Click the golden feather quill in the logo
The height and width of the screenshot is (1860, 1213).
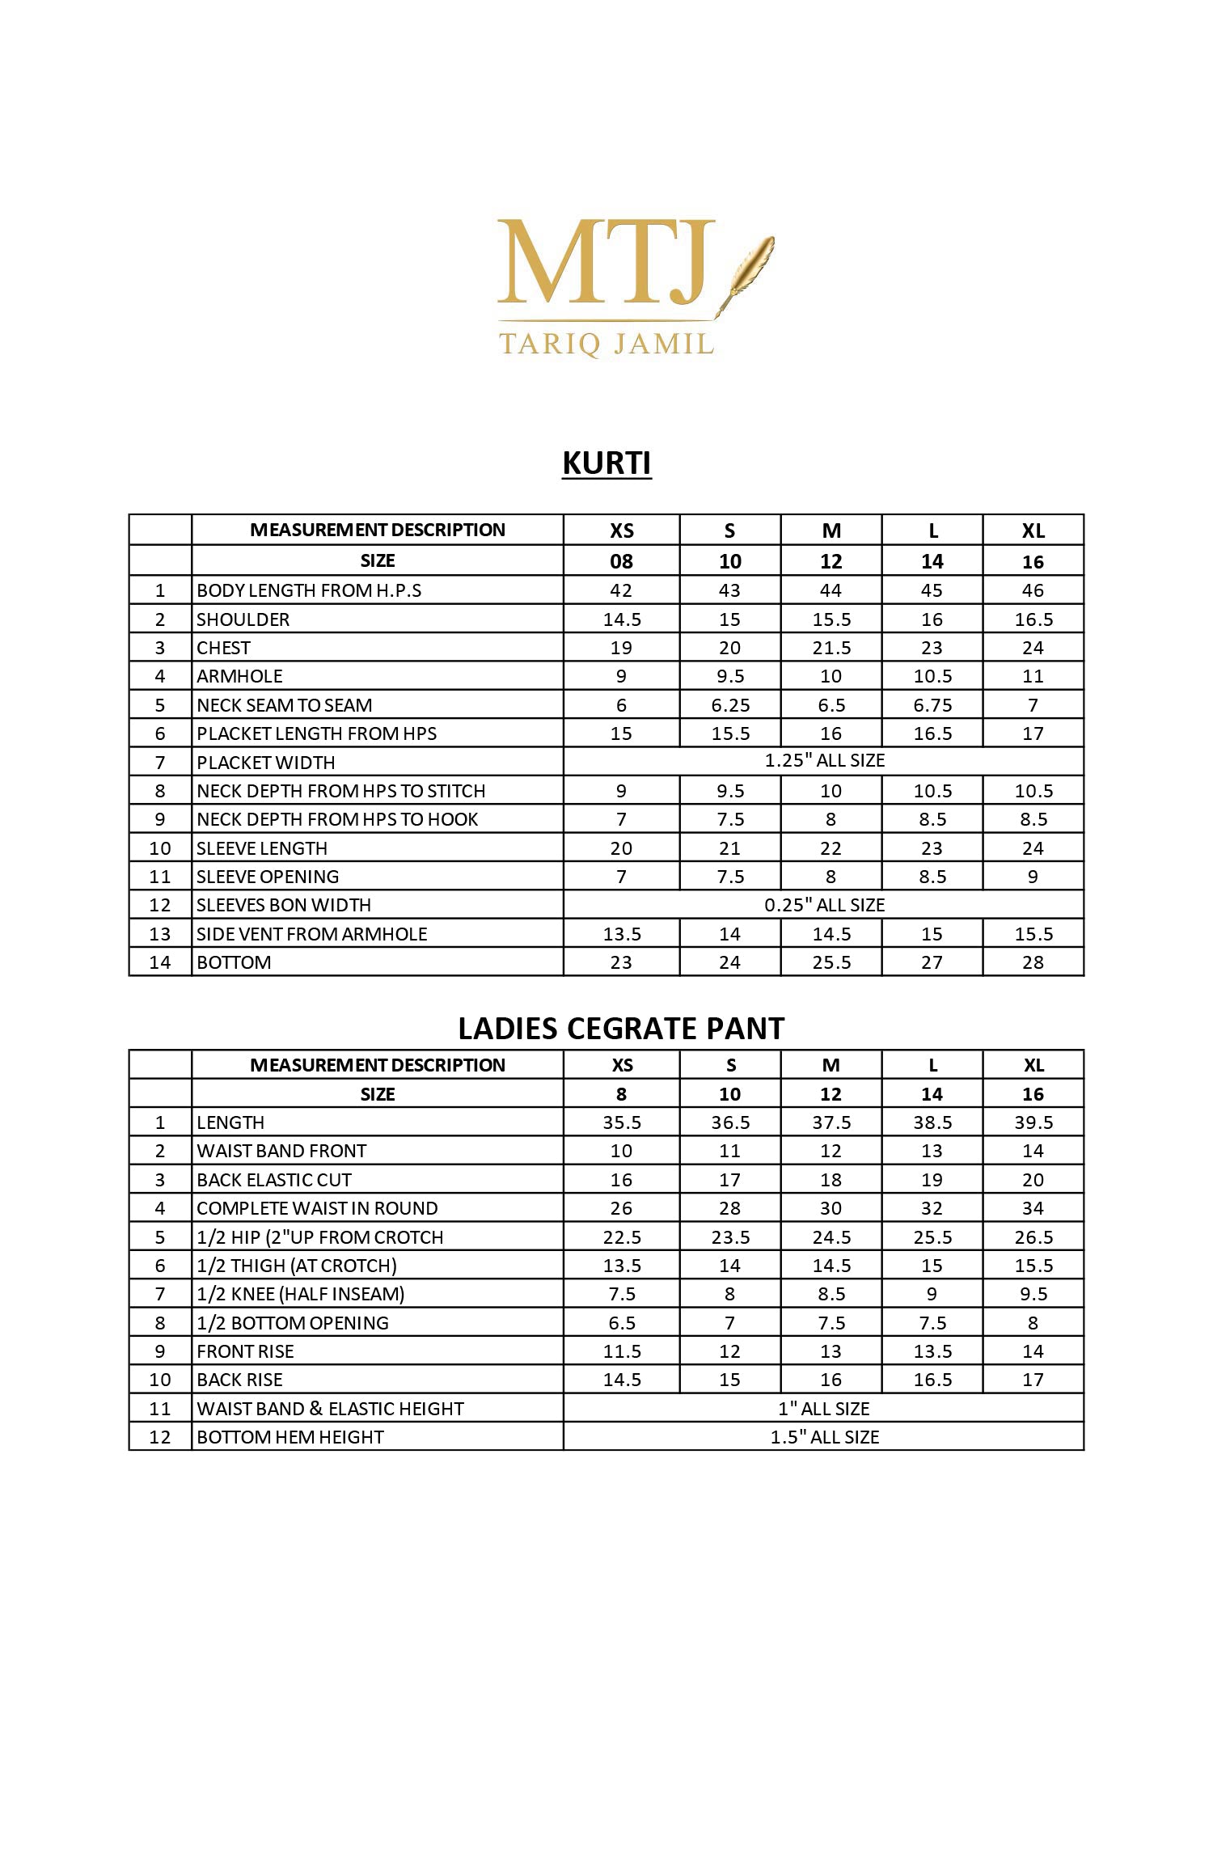point(750,267)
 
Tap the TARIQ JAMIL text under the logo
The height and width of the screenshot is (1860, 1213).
point(606,344)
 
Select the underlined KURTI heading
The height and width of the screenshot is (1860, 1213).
point(606,463)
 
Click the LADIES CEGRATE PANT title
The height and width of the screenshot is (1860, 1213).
point(621,1029)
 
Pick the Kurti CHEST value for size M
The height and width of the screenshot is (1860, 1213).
point(831,648)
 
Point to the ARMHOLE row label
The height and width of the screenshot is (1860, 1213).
point(239,676)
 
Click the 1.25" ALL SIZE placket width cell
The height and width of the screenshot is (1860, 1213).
point(824,761)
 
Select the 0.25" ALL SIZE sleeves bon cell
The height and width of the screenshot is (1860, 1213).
point(824,905)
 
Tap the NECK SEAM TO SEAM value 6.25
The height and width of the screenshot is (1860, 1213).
point(730,705)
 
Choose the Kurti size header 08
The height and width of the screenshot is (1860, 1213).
point(621,561)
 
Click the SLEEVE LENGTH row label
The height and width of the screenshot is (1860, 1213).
point(262,848)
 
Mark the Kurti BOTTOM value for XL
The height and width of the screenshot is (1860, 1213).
point(1033,962)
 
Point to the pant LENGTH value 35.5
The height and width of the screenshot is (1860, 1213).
point(621,1122)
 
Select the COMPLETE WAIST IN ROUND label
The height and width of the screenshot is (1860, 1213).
point(317,1208)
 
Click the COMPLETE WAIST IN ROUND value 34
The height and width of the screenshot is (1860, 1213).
point(1033,1208)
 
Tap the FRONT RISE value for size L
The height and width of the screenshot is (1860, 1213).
point(932,1351)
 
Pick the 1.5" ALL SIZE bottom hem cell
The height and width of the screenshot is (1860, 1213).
point(824,1437)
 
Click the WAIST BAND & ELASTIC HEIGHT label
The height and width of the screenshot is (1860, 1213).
point(330,1409)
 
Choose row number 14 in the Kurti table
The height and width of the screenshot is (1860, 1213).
point(160,962)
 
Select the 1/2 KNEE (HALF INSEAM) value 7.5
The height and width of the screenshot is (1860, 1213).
point(621,1294)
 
